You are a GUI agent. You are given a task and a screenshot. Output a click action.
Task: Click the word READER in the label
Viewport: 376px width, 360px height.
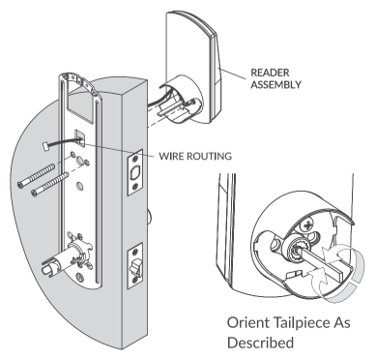270,73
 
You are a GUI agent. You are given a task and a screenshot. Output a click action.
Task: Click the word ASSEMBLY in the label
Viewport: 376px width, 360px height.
275,84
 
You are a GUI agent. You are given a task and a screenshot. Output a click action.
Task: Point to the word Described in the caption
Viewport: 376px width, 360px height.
260,343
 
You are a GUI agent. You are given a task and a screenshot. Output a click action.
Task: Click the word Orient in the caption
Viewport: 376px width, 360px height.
248,323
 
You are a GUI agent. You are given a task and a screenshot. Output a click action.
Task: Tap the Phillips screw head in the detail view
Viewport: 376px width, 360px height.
308,225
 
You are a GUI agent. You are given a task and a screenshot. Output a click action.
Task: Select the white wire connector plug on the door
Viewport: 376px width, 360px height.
45,145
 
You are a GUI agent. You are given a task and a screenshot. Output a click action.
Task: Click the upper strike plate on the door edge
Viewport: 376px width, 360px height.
135,172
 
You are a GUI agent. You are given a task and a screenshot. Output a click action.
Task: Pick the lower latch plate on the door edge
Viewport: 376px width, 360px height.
135,265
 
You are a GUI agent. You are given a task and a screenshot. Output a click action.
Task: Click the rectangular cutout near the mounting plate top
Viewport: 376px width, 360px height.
79,105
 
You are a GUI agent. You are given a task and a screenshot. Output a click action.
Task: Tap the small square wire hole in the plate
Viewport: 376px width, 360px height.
80,138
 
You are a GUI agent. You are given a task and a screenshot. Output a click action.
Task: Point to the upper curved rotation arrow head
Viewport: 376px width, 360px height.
332,255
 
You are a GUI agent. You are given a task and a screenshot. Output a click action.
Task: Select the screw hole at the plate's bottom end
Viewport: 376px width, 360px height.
78,277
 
